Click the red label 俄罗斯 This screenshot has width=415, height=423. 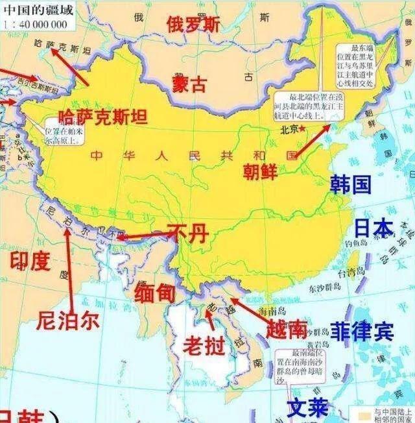pyautogui.click(x=193, y=24)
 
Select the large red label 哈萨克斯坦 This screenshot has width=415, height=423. pyautogui.click(x=102, y=116)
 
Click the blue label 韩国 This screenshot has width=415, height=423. pyautogui.click(x=350, y=184)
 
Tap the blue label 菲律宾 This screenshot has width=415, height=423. pyautogui.click(x=361, y=332)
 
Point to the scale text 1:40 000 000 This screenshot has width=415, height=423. pyautogui.click(x=35, y=24)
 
